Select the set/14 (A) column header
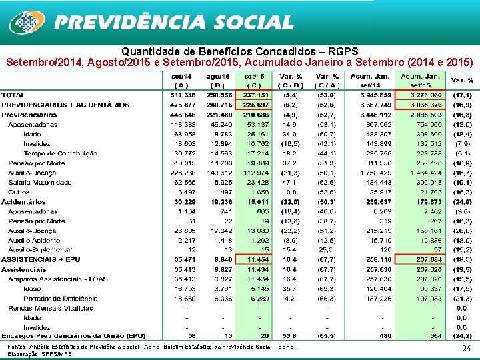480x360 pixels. coord(181,81)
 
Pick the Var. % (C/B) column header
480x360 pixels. coord(290,81)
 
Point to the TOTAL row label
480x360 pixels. coord(14,95)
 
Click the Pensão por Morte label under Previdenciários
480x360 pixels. coord(36,163)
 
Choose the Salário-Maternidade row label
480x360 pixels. coord(41,182)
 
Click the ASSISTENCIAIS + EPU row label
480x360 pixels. coord(41,259)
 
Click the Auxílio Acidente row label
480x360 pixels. coord(35,240)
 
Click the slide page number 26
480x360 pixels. coord(465,348)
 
